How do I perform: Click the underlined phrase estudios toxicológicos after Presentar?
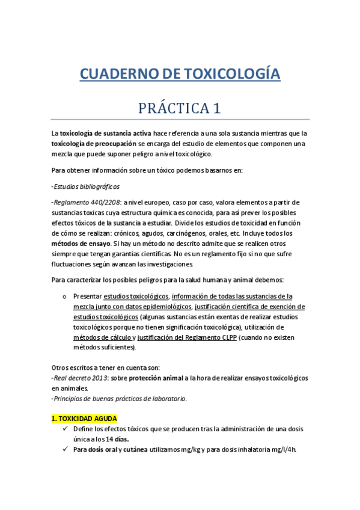coord(136,296)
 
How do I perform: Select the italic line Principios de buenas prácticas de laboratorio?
coord(120,398)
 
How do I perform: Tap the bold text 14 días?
coord(119,439)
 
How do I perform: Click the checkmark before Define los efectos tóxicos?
coord(66,429)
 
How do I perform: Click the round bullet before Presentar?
coord(64,296)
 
